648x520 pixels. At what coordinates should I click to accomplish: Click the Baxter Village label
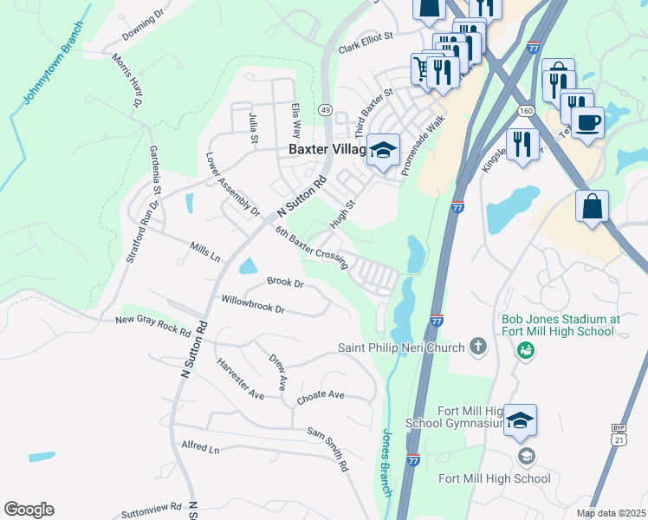pyautogui.click(x=328, y=149)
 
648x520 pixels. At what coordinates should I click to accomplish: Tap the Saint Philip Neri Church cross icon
pyautogui.click(x=476, y=348)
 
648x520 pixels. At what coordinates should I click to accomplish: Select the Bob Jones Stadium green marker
pyautogui.click(x=525, y=350)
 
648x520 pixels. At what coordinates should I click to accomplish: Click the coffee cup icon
pyautogui.click(x=588, y=121)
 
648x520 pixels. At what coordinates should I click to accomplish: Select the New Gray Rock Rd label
pyautogui.click(x=153, y=324)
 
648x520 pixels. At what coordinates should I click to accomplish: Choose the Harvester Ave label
pyautogui.click(x=240, y=379)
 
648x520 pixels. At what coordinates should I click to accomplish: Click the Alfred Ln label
pyautogui.click(x=200, y=447)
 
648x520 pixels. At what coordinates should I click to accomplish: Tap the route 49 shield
pyautogui.click(x=324, y=110)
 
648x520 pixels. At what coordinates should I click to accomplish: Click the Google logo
pyautogui.click(x=29, y=510)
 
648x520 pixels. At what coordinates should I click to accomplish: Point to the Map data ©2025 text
pyautogui.click(x=611, y=513)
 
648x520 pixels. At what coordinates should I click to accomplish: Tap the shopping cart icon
pyautogui.click(x=422, y=68)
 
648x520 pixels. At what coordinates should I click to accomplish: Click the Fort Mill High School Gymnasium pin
pyautogui.click(x=520, y=421)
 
